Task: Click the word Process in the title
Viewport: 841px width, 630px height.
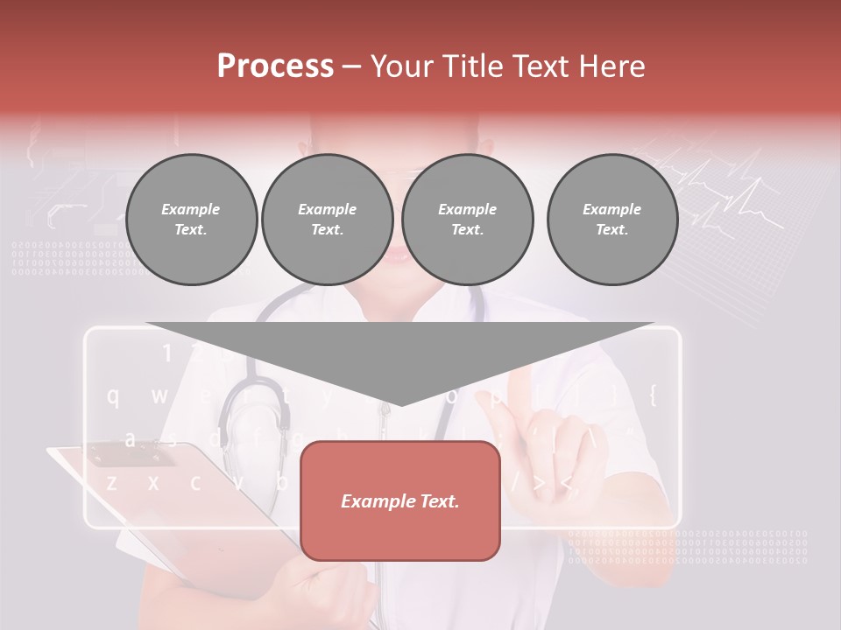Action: (x=275, y=66)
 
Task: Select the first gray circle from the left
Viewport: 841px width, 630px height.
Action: (x=191, y=220)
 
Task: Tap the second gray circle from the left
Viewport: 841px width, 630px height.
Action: (x=327, y=220)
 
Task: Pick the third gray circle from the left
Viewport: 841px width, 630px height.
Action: (x=467, y=220)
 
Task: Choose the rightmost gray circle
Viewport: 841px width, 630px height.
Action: (x=611, y=220)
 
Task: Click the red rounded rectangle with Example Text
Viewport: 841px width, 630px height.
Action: (x=400, y=500)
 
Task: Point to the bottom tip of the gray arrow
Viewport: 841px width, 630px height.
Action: (x=400, y=404)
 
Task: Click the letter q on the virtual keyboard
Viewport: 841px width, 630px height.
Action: (x=113, y=396)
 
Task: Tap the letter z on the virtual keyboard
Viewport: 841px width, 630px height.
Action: (x=111, y=482)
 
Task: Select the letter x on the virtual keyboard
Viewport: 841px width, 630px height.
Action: (x=153, y=482)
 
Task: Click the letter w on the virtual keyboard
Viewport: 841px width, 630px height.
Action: (x=159, y=396)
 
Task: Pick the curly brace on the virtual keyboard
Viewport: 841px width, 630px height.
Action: (x=652, y=395)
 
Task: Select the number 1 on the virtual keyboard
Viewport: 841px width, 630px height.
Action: (x=166, y=353)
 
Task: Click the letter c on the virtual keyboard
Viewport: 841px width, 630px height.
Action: (x=195, y=482)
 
